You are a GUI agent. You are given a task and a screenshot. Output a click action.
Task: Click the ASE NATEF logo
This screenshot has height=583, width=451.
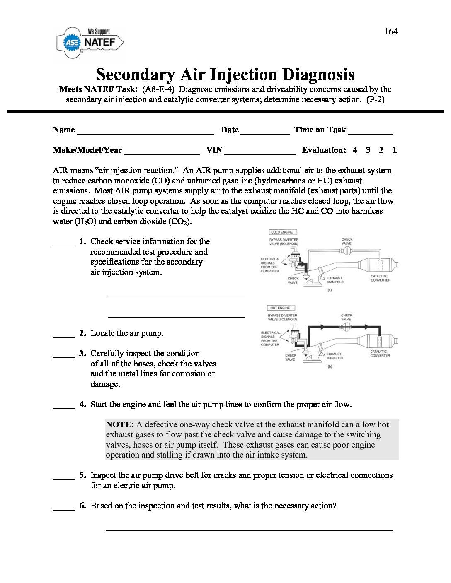tap(90, 42)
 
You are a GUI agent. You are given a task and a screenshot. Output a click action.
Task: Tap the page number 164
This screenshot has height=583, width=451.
tap(390, 31)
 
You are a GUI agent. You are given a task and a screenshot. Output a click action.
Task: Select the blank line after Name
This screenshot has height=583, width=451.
tap(145, 133)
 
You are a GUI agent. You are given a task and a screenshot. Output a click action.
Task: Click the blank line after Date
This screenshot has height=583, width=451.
tap(265, 133)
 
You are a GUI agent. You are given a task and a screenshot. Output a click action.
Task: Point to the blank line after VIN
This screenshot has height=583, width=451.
tap(259, 154)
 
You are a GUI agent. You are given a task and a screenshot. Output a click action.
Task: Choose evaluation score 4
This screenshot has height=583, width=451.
tap(355, 150)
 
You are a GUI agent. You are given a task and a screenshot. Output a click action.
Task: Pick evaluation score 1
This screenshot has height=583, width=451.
tap(394, 150)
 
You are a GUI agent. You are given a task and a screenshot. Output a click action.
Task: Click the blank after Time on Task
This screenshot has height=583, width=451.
tap(370, 133)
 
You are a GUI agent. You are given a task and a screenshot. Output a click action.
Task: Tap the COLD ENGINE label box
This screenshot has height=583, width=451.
tap(282, 232)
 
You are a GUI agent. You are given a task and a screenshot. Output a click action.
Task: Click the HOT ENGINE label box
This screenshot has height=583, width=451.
tap(281, 308)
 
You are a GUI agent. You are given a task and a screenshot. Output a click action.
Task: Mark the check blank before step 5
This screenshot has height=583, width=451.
tap(64, 479)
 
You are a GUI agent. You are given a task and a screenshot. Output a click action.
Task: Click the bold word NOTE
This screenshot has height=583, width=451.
tap(120, 424)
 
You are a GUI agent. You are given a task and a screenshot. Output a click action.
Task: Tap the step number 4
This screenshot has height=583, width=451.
tap(82, 404)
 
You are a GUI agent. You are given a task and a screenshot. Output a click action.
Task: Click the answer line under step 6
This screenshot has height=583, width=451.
tap(249, 530)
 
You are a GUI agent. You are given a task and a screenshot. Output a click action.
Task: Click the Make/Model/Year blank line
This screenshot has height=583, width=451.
tap(162, 154)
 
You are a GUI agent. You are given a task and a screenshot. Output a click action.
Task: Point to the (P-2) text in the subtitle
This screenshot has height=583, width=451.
tap(376, 99)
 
